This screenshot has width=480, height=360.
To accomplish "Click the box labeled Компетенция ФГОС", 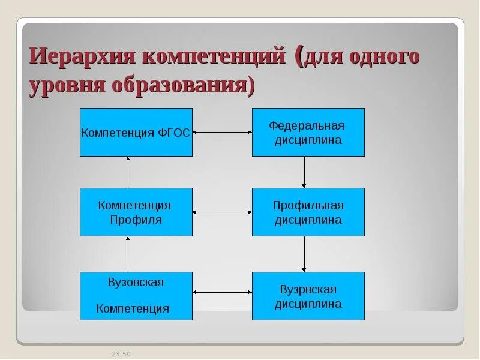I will pos(136,132).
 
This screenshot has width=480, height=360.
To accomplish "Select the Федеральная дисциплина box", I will pos(308,132).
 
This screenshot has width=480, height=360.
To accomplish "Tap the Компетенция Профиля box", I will pos(136,212).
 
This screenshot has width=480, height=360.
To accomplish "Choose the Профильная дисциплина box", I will pos(308,212).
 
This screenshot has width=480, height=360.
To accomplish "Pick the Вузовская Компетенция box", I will pos(136,296).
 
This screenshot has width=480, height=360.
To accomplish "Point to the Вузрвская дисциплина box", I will pos(308,296).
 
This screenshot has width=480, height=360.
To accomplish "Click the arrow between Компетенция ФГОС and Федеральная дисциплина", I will pos(222,132).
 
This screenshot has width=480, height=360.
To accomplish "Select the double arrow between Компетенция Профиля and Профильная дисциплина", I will pos(222,212).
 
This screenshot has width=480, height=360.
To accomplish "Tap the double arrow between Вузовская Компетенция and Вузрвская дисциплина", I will pos(222,292).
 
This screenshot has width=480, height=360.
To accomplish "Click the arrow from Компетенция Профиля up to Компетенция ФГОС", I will pos(128,172).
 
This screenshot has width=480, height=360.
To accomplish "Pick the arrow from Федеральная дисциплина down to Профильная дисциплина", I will pos(304,172).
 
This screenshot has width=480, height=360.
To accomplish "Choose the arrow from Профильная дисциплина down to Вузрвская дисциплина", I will pos(304,254).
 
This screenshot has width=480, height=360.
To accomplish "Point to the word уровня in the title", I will pos(67,86).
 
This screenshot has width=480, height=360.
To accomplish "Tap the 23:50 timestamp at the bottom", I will pos(121,354).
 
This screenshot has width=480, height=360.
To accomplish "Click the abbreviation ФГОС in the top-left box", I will pos(173,133).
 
